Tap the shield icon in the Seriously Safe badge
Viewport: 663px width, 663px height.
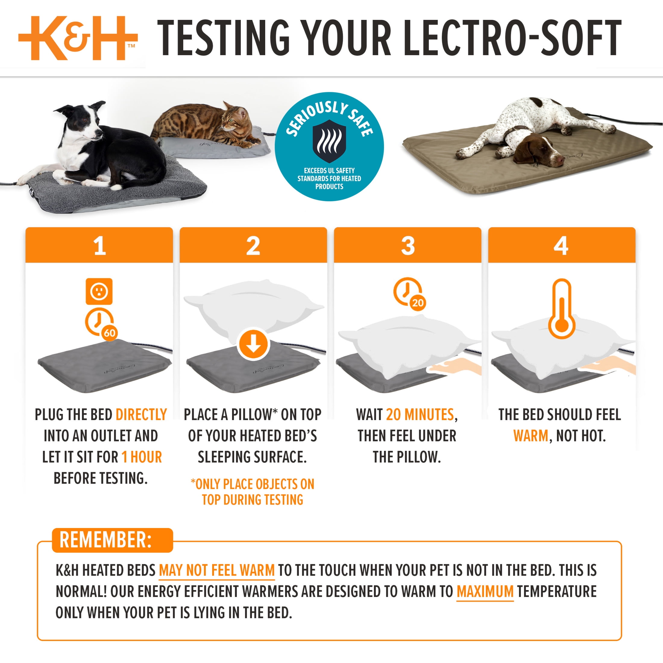point(329,141)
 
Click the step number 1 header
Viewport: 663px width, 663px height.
point(99,246)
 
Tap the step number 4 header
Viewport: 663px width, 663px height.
point(561,246)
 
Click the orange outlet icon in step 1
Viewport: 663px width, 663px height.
point(99,291)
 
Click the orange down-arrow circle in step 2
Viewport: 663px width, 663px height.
point(253,344)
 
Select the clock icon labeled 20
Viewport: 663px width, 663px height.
point(408,293)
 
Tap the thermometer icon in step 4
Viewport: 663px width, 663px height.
point(561,309)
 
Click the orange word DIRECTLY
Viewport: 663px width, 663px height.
point(141,415)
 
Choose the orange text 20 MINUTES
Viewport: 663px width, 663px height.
point(420,415)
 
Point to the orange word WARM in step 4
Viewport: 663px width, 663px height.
point(530,436)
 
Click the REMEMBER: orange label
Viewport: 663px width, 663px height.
point(105,540)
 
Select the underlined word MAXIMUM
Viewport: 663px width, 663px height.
point(485,592)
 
